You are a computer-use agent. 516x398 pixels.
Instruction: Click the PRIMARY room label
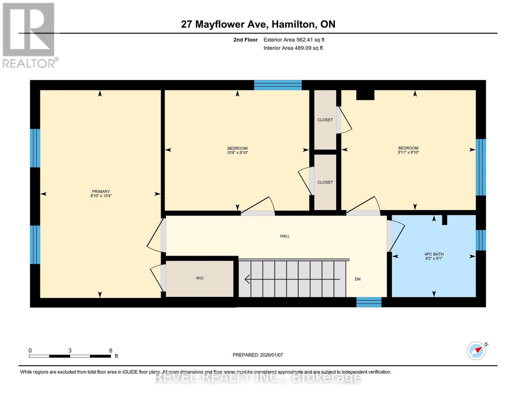pyautogui.click(x=101, y=191)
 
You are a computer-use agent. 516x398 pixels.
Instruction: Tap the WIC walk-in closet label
pyautogui.click(x=200, y=278)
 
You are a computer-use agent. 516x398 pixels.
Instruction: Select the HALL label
pyautogui.click(x=285, y=236)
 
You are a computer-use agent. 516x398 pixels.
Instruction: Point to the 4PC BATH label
pyautogui.click(x=434, y=254)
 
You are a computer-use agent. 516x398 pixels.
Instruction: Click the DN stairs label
pyautogui.click(x=358, y=279)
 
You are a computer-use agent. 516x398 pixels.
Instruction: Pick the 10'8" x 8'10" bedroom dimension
pyautogui.click(x=237, y=153)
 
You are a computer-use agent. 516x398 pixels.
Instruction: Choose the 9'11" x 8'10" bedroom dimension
pyautogui.click(x=408, y=153)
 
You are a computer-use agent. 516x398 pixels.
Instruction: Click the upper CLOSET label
pyautogui.click(x=325, y=120)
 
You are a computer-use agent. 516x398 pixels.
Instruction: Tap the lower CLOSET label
pyautogui.click(x=325, y=182)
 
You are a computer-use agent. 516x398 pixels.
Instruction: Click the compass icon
pyautogui.click(x=476, y=351)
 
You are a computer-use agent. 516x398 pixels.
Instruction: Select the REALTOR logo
pyautogui.click(x=29, y=35)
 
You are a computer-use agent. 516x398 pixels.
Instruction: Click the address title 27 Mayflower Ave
pyautogui.click(x=258, y=24)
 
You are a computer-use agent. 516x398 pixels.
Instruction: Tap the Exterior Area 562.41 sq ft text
pyautogui.click(x=294, y=40)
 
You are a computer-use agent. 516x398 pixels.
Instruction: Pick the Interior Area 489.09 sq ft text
pyautogui.click(x=293, y=48)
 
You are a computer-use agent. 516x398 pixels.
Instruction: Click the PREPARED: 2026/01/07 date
pyautogui.click(x=258, y=355)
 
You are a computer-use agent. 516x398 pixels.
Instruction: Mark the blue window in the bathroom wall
pyautogui.click(x=481, y=240)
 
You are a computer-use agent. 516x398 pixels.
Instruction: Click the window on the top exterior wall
pyautogui.click(x=278, y=85)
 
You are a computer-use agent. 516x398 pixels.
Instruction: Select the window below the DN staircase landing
pyautogui.click(x=369, y=302)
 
